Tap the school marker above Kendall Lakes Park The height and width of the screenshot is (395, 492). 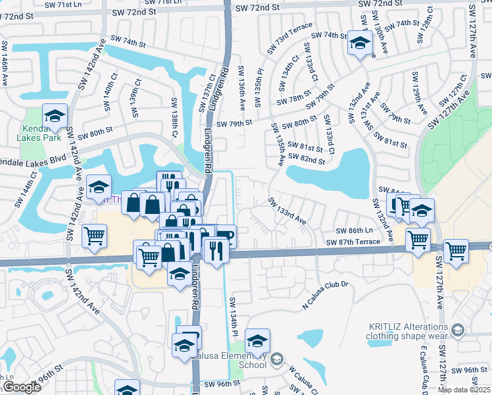click(55, 117)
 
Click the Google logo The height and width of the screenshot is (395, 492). click(21, 387)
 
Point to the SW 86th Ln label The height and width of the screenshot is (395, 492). click(355, 230)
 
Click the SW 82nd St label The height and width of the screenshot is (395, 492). click(306, 160)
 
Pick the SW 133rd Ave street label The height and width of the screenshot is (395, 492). click(287, 210)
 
